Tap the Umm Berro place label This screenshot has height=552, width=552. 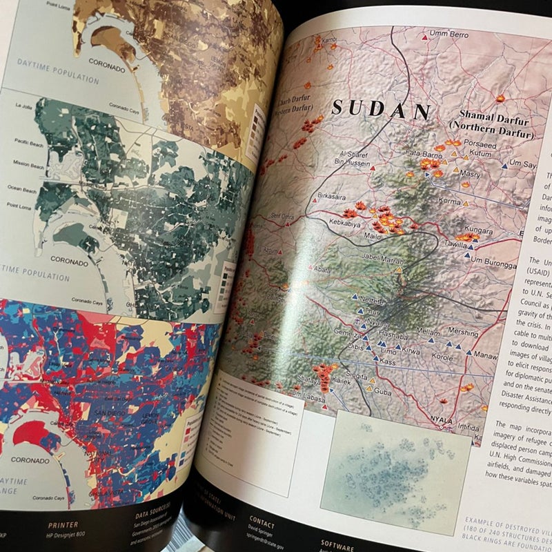click(x=448, y=34)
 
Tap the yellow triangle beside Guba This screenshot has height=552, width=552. click(x=370, y=388)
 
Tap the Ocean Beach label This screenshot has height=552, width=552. click(x=22, y=189)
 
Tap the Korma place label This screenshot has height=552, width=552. click(x=449, y=201)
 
